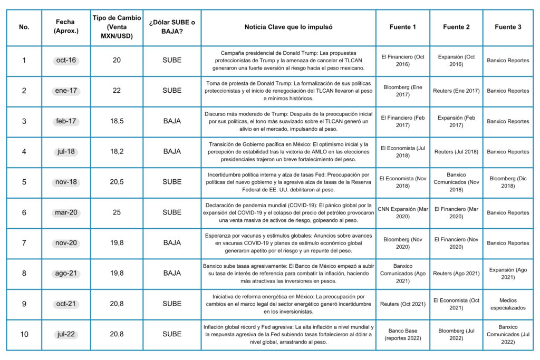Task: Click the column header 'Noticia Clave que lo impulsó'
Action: (x=288, y=27)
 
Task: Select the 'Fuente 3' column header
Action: (x=508, y=27)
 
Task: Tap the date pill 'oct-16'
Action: (x=66, y=60)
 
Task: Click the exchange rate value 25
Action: (x=117, y=212)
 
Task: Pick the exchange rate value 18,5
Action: (x=117, y=121)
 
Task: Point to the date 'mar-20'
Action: (x=66, y=212)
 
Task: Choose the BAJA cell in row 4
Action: (x=172, y=152)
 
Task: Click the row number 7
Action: (x=24, y=243)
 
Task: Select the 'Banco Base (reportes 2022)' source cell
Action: (x=403, y=334)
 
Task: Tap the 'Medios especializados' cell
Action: (x=508, y=304)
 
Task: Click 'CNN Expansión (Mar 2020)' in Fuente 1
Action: (x=403, y=212)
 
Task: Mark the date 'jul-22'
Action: (x=66, y=334)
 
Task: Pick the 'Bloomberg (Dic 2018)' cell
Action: (x=508, y=182)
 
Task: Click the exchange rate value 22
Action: (x=117, y=91)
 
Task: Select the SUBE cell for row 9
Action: (x=172, y=304)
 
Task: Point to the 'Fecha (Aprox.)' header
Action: (x=66, y=27)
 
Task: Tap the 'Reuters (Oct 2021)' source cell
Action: (x=403, y=304)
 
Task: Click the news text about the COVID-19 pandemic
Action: (x=288, y=212)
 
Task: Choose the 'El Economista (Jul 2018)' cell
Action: (x=403, y=152)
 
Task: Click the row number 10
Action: (x=24, y=334)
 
